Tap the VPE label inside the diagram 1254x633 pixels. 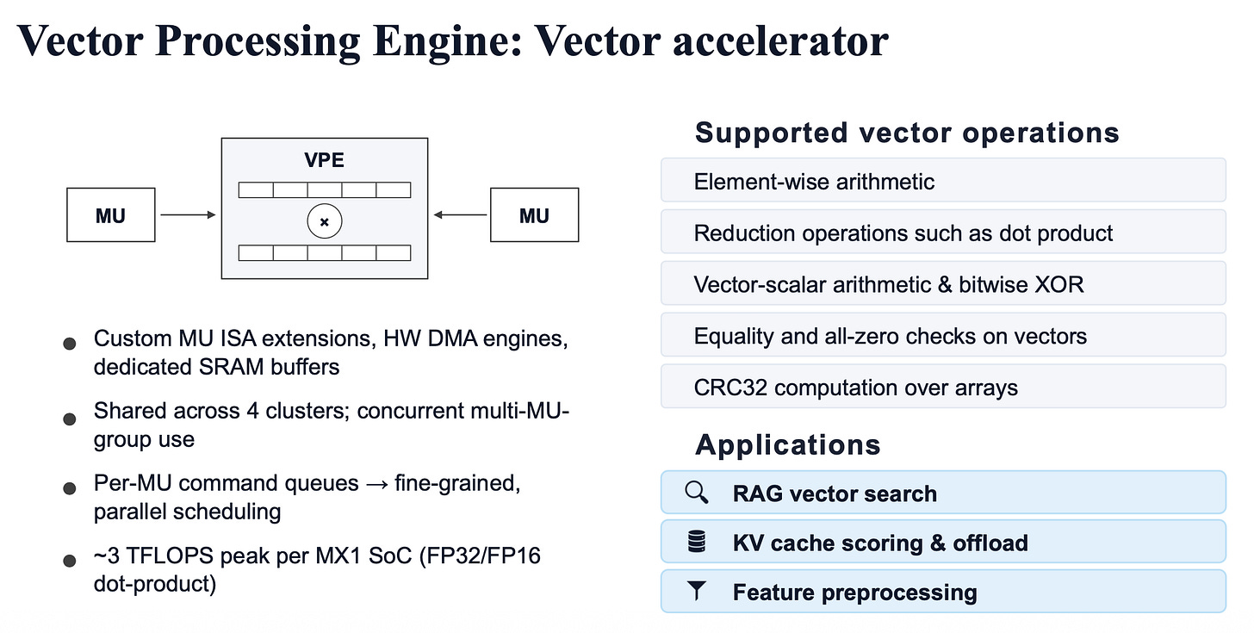click(x=324, y=160)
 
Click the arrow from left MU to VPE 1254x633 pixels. click(x=188, y=215)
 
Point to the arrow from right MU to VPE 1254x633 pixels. click(x=460, y=215)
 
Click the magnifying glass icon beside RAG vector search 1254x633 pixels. click(x=697, y=493)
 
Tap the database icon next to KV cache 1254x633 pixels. click(x=697, y=541)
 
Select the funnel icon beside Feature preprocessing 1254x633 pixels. click(x=697, y=591)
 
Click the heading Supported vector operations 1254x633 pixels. click(x=907, y=133)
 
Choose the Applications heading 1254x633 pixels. click(x=788, y=445)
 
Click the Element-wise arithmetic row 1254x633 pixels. click(x=943, y=180)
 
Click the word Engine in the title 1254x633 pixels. click(x=447, y=42)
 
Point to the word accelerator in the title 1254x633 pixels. click(x=780, y=40)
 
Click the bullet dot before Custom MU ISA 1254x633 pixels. click(x=70, y=344)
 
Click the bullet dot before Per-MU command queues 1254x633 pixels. click(x=70, y=488)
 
